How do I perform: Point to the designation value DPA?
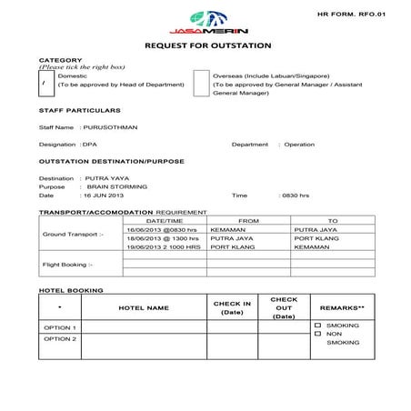pyautogui.click(x=89, y=144)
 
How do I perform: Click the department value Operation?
pyautogui.click(x=299, y=144)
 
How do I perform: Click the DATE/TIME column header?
pyautogui.click(x=165, y=221)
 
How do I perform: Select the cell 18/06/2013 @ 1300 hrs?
pyautogui.click(x=165, y=239)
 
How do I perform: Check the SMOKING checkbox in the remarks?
pyautogui.click(x=317, y=325)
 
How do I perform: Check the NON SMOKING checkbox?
pyautogui.click(x=317, y=334)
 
